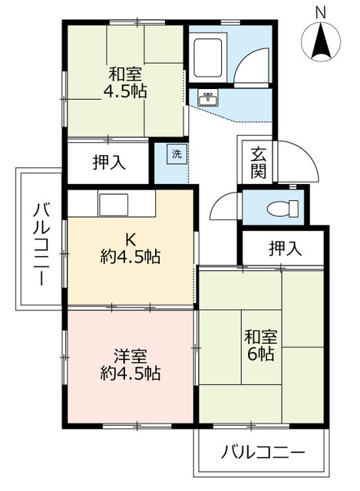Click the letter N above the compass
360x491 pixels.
pos(321,12)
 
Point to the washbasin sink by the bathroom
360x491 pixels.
pos(207,98)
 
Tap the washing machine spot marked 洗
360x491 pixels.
pos(176,153)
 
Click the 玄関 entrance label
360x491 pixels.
pos(257,162)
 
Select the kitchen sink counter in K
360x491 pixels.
pos(112,203)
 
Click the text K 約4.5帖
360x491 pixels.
pos(130,248)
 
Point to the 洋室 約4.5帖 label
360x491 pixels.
pos(130,365)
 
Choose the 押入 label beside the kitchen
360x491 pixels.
pos(107,162)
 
